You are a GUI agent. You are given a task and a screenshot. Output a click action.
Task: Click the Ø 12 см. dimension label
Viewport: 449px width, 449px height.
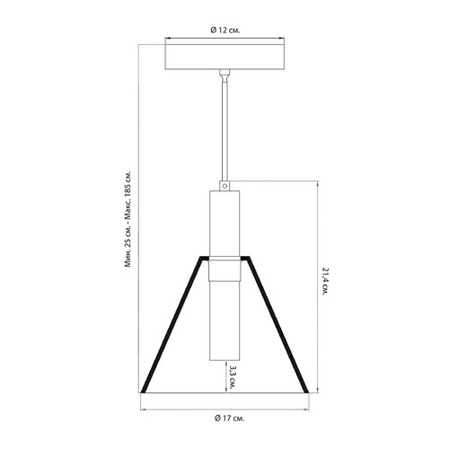(x=225, y=31)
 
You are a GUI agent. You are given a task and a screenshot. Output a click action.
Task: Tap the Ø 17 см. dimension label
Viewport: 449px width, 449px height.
(x=229, y=418)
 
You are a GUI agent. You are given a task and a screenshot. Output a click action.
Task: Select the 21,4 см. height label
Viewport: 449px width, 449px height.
(x=325, y=281)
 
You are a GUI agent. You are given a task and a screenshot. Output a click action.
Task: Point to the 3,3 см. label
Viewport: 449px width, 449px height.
(x=232, y=376)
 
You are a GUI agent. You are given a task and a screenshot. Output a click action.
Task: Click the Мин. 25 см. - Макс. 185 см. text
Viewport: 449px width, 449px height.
(x=128, y=219)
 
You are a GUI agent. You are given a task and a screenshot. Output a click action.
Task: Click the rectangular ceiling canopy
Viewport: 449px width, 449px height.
(x=224, y=57)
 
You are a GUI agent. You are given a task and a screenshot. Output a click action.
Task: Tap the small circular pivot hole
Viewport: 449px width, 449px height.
(x=224, y=186)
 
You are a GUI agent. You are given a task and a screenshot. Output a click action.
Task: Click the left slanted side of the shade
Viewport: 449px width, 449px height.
(x=172, y=324)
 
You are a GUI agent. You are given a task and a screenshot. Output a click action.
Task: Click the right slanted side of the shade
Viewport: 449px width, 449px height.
(x=277, y=324)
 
